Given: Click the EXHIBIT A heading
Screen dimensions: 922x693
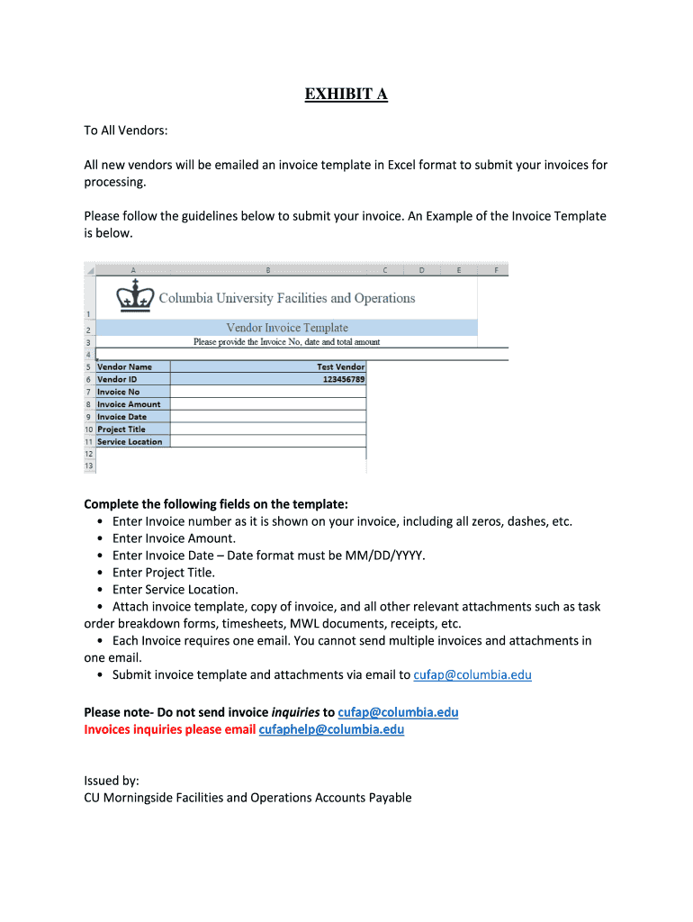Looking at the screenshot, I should [346, 95].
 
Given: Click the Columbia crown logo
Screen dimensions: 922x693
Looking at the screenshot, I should [135, 294].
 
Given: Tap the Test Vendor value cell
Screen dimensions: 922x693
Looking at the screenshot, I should [340, 366].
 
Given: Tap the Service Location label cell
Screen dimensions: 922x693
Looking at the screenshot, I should [130, 442].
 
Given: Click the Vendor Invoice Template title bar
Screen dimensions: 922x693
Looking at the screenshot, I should [286, 328].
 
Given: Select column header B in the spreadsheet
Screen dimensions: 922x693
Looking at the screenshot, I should [267, 269].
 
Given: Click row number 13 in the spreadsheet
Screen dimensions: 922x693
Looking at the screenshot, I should [89, 466].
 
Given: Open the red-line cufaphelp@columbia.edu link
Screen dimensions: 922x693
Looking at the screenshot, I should [331, 729].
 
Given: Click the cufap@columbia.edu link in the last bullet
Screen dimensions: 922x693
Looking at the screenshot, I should [472, 674].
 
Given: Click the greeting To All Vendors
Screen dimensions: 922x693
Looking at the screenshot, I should [126, 131].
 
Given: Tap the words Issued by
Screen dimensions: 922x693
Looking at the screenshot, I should [112, 781].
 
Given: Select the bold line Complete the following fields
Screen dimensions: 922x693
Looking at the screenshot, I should [215, 504].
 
